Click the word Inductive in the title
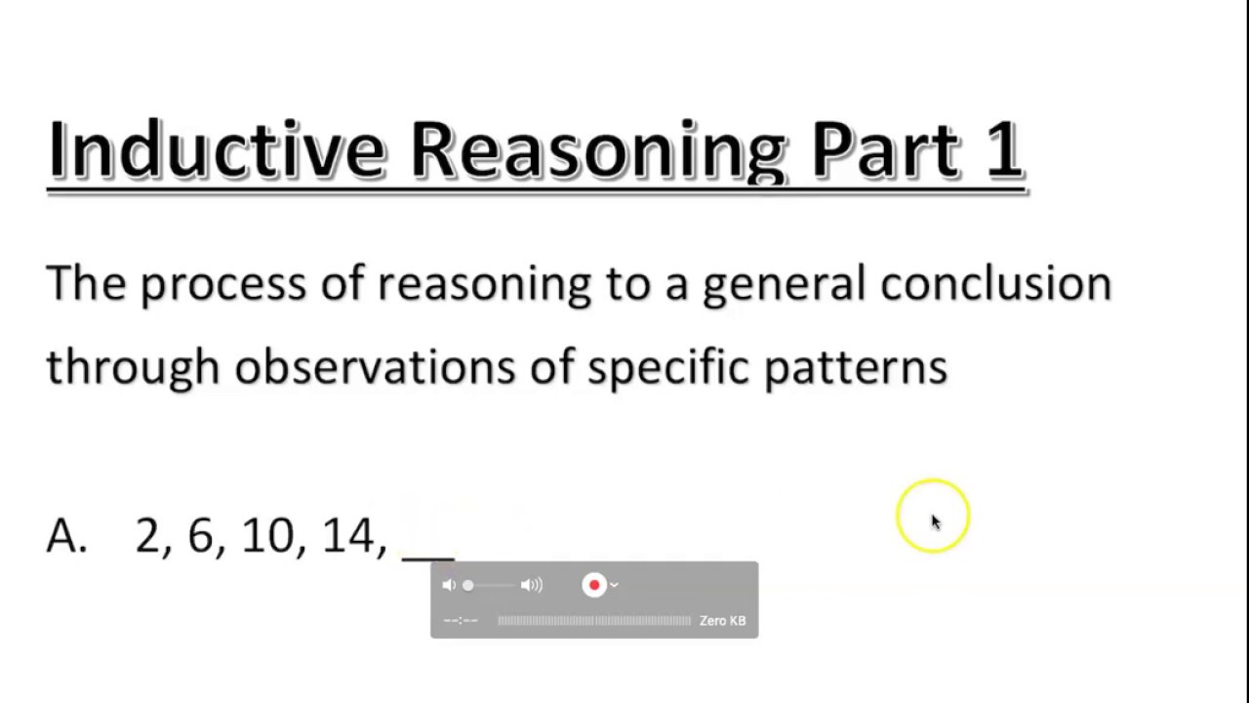pyautogui.click(x=216, y=149)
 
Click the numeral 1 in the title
pyautogui.click(x=1003, y=149)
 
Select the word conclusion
pyautogui.click(x=995, y=283)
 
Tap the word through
pyautogui.click(x=133, y=368)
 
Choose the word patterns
pyautogui.click(x=855, y=368)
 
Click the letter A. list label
pyautogui.click(x=66, y=536)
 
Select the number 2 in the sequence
pyautogui.click(x=147, y=536)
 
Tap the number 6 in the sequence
pyautogui.click(x=200, y=536)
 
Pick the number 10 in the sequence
pyautogui.click(x=266, y=536)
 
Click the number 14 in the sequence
pyautogui.click(x=347, y=536)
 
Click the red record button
pyautogui.click(x=593, y=585)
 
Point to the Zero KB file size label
pyautogui.click(x=722, y=621)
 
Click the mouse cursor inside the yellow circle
pyautogui.click(x=935, y=521)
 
